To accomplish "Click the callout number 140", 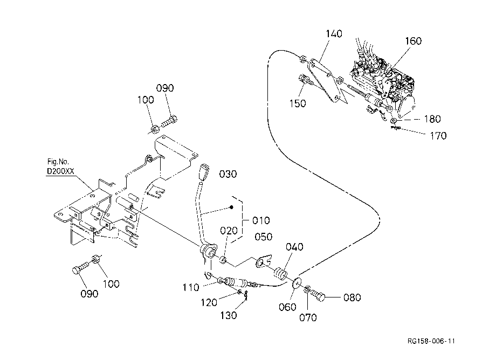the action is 334,34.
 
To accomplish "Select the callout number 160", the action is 413,41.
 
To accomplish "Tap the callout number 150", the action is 298,103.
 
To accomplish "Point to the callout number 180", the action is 432,119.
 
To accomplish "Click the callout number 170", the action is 438,136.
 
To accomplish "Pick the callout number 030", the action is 228,174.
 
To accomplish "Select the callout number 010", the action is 261,220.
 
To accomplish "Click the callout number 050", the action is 264,237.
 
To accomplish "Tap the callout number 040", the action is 294,247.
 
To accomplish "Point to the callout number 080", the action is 352,297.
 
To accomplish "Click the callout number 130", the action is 229,315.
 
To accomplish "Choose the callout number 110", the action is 191,288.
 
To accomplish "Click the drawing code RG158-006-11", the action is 431,341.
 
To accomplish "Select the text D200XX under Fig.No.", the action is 60,171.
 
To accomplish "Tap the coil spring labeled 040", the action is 280,273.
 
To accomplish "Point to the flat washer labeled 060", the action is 297,283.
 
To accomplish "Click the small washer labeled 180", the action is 394,121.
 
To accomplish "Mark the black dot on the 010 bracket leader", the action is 231,207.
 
